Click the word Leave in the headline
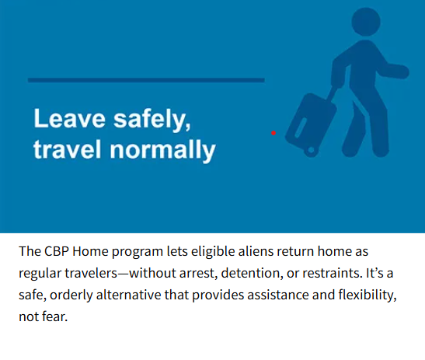[69, 118]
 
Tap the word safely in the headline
[152, 120]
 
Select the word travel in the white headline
[68, 149]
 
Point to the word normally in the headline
[162, 150]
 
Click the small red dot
[273, 133]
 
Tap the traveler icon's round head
[366, 22]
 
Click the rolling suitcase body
[311, 123]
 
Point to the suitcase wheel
[311, 150]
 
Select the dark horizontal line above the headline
[146, 80]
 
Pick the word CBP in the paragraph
[57, 251]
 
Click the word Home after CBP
[90, 251]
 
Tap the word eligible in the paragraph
[213, 251]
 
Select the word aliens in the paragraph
[256, 251]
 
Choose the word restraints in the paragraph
[333, 273]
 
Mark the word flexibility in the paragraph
[368, 295]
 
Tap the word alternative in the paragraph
[128, 295]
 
